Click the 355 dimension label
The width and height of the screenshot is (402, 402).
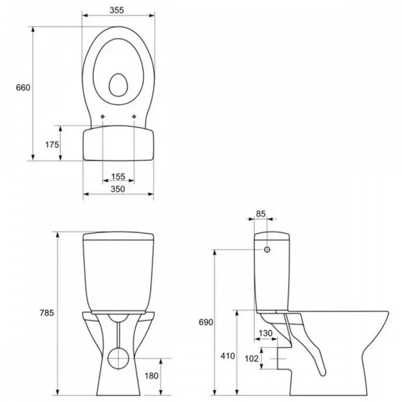tap(117, 10)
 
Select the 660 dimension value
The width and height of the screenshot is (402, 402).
tap(23, 88)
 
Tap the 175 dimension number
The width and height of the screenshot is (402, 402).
tap(52, 145)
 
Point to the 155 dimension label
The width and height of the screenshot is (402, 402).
tap(118, 176)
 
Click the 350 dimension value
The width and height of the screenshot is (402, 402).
tap(118, 189)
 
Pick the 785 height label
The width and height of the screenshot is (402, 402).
tap(47, 313)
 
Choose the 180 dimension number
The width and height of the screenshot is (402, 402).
tap(152, 376)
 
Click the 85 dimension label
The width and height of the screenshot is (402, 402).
tap(261, 214)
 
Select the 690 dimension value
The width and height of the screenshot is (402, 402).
tap(206, 322)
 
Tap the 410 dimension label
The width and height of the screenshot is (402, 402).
tap(228, 356)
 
